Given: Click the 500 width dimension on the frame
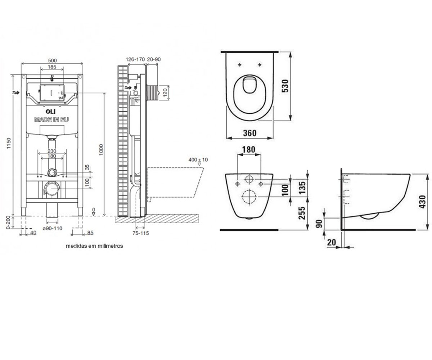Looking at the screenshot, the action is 52,60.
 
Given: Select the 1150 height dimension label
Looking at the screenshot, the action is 9,143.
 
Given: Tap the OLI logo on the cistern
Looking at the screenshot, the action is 51,112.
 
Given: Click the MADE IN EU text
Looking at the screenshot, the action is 51,120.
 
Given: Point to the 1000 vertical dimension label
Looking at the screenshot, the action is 101,150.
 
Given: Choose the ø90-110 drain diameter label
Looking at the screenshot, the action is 53,228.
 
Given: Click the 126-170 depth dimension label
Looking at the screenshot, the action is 135,59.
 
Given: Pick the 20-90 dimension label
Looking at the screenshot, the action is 154,59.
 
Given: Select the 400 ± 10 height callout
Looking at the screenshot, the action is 198,160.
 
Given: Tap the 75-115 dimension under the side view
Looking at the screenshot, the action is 141,233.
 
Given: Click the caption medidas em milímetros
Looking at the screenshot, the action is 94,246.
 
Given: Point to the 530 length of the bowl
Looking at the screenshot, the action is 285,86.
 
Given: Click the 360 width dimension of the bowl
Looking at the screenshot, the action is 250,133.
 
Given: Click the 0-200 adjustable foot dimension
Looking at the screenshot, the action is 8,222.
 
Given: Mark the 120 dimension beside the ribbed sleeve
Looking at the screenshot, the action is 165,93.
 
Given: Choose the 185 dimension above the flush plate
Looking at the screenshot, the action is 52,67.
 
